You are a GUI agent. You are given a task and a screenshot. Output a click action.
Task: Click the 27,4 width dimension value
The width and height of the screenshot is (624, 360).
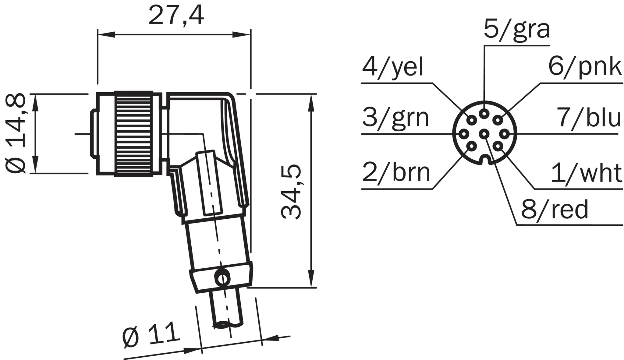click(x=176, y=15)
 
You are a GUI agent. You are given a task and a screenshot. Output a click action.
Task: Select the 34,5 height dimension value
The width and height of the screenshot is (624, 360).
click(x=291, y=192)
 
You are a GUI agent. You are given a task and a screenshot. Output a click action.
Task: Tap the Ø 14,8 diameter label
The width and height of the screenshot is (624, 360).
click(x=15, y=134)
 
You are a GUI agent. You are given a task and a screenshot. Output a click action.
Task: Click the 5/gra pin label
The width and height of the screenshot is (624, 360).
click(x=517, y=30)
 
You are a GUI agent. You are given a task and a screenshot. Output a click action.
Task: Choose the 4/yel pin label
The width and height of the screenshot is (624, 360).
click(x=392, y=68)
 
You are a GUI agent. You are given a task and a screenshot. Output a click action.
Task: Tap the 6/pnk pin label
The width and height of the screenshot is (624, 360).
click(x=585, y=67)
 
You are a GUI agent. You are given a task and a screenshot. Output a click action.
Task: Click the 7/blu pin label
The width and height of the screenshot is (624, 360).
click(x=589, y=118)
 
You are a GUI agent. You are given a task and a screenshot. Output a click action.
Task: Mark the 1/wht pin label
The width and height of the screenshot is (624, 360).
click(x=587, y=173)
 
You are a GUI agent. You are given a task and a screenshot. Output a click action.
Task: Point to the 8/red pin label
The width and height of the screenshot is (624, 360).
click(x=555, y=210)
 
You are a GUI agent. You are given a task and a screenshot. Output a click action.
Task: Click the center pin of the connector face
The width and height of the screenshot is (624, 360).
click(x=484, y=134)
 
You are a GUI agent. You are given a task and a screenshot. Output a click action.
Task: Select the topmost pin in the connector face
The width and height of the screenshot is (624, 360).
click(x=484, y=114)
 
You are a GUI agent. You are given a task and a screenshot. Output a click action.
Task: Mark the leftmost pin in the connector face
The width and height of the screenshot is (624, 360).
click(x=464, y=134)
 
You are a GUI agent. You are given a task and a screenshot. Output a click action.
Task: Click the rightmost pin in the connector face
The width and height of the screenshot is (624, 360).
click(x=504, y=134)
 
